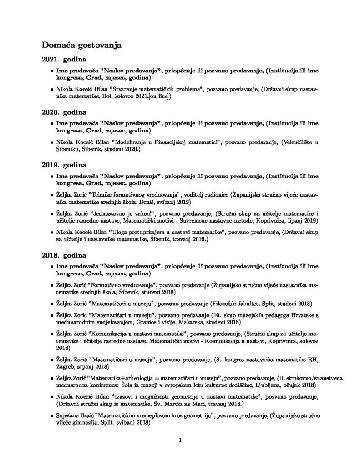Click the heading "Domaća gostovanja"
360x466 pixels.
coord(81,45)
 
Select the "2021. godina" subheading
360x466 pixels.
coord(64,60)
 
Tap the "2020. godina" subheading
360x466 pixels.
coord(64,111)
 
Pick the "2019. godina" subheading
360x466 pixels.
coord(64,164)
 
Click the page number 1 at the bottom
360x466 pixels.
coord(180,440)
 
